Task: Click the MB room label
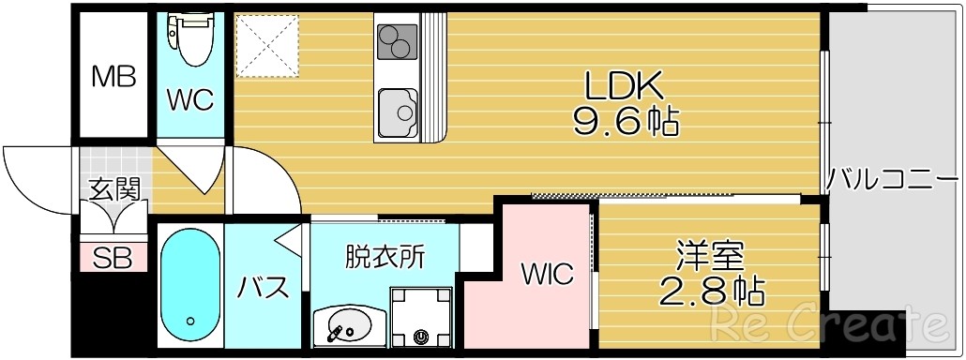pyautogui.click(x=113, y=76)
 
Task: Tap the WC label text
pyautogui.click(x=190, y=98)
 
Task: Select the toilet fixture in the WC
pyautogui.click(x=194, y=39)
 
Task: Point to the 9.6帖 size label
pyautogui.click(x=626, y=121)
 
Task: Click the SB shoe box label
pyautogui.click(x=113, y=257)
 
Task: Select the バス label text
pyautogui.click(x=264, y=288)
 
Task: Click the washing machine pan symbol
pyautogui.click(x=420, y=315)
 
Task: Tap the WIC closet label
pyautogui.click(x=547, y=275)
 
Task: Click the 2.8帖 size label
pyautogui.click(x=711, y=291)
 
